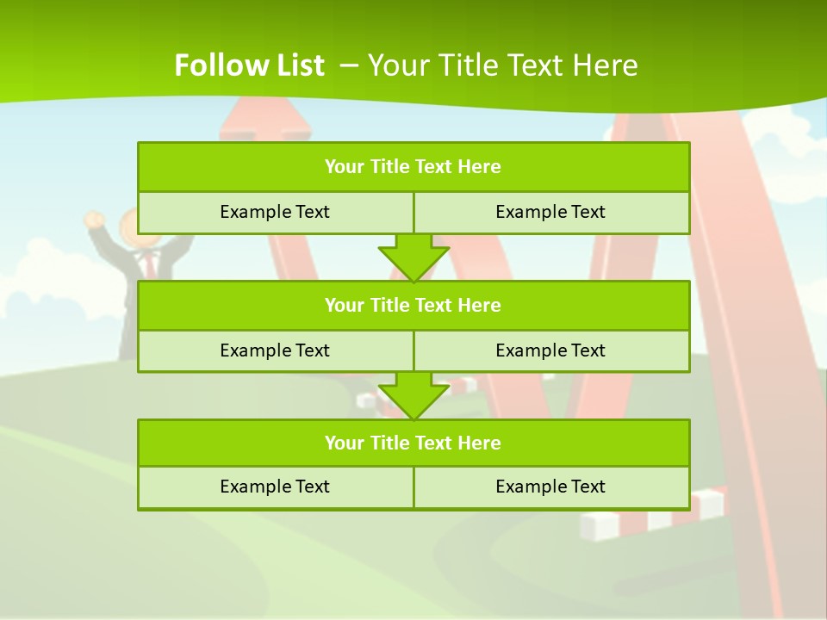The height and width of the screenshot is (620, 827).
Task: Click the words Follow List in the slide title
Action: pos(249,65)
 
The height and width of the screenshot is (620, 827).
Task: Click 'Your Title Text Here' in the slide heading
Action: pos(503,65)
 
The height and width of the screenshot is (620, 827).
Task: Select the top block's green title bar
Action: pos(413,167)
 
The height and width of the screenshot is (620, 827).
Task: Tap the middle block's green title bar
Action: pos(413,305)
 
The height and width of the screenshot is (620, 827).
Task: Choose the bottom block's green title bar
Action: pos(413,443)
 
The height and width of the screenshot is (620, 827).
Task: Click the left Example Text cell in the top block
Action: pos(275,212)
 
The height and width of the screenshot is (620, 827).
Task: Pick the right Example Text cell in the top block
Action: pos(550,212)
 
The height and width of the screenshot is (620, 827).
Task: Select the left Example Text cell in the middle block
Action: pos(275,350)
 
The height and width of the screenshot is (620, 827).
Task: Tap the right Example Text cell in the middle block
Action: pos(550,350)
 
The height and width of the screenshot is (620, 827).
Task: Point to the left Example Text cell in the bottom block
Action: pos(275,487)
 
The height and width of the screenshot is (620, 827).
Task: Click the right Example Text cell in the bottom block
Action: pos(550,487)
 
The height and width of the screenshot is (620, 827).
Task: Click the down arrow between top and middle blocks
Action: pos(413,257)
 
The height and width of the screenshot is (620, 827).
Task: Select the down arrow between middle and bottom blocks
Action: pos(413,395)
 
